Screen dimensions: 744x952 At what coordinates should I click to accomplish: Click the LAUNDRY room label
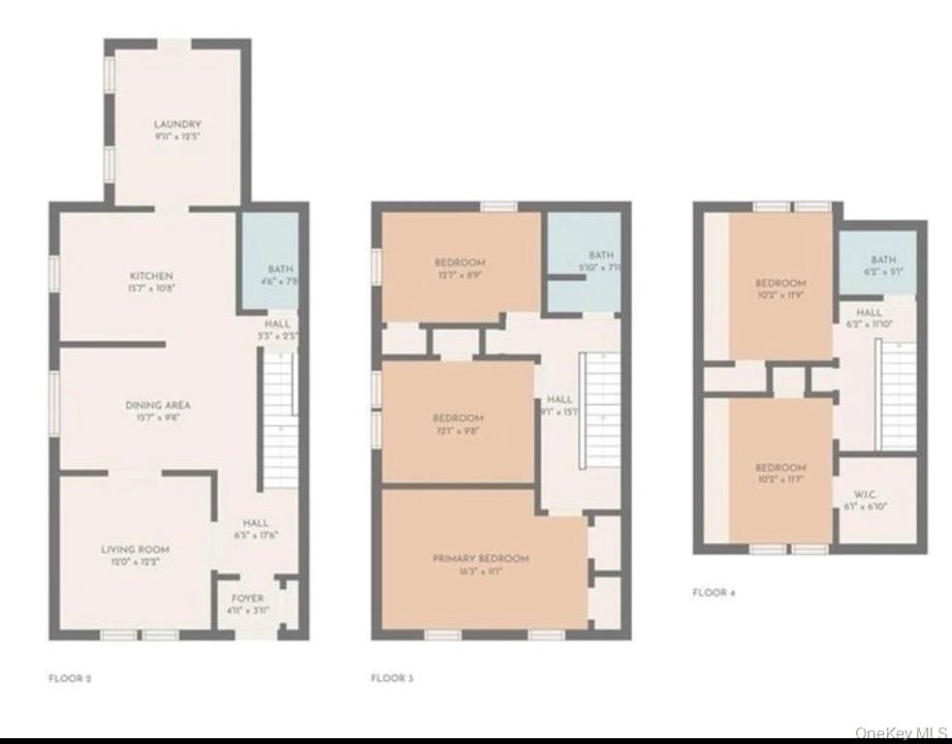click(177, 124)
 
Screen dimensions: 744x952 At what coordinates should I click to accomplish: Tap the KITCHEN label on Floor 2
click(151, 276)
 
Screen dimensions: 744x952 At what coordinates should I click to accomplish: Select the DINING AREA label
click(157, 405)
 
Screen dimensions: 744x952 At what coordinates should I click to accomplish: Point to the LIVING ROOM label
click(136, 549)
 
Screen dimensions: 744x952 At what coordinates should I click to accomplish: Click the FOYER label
click(247, 598)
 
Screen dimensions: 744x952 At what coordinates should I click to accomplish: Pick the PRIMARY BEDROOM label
click(481, 559)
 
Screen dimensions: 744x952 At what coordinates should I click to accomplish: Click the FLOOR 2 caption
click(70, 679)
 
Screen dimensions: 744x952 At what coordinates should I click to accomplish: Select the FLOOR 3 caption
click(392, 679)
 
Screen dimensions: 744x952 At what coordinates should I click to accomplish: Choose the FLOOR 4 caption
click(714, 592)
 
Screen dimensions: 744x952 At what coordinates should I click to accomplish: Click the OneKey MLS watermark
click(902, 734)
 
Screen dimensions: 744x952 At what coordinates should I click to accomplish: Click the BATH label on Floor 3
click(601, 256)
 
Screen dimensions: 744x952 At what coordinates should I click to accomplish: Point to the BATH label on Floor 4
click(883, 260)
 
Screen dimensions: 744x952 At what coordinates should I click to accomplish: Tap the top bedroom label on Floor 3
click(460, 263)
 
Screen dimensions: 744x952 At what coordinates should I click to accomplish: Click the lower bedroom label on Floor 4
click(780, 467)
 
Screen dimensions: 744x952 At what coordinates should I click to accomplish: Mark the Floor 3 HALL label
click(559, 399)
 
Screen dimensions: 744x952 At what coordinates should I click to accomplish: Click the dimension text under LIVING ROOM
click(136, 562)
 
